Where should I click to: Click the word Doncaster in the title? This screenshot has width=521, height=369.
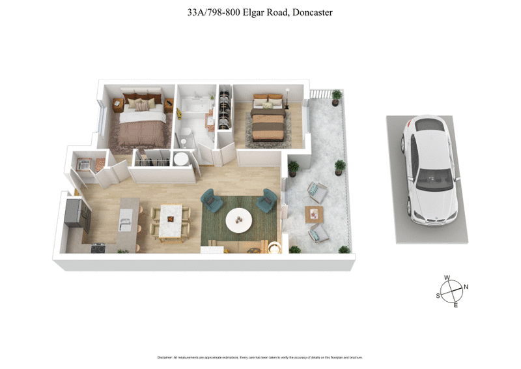(x=311, y=12)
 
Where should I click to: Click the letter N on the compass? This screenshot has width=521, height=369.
(x=466, y=287)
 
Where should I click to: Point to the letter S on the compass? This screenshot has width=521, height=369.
(x=438, y=295)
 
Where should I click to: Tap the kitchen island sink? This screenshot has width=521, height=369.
(x=126, y=226)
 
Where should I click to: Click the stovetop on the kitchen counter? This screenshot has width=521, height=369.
(x=98, y=248)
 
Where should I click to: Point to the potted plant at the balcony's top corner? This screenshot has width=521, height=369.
(x=336, y=96)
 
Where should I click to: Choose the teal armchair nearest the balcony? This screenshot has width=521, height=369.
(x=267, y=200)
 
